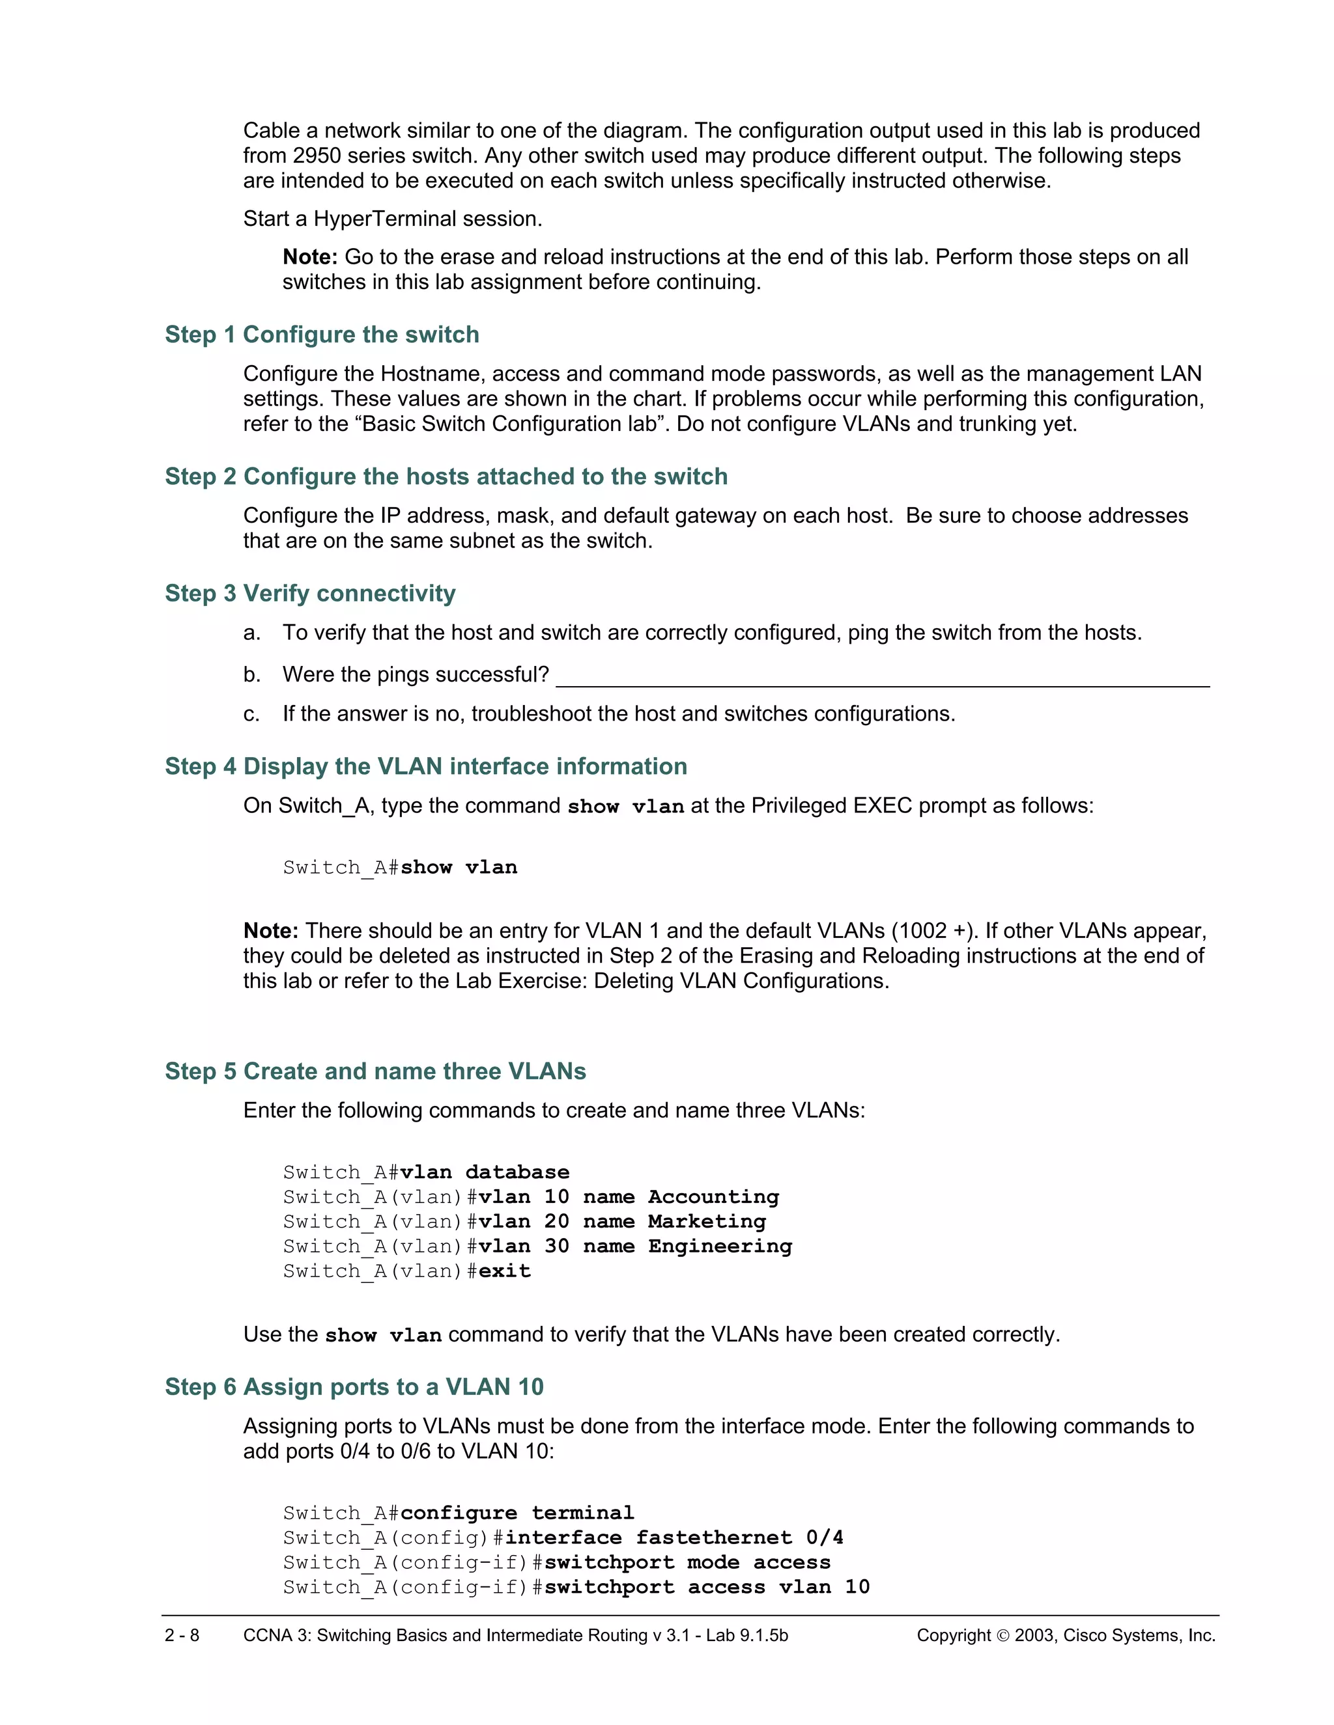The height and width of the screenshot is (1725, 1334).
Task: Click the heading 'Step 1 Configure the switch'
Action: (x=322, y=335)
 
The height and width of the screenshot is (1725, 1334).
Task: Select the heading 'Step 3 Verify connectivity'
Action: (x=310, y=593)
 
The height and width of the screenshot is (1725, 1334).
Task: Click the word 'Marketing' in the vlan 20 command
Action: (x=707, y=1221)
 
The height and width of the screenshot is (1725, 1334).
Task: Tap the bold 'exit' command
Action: (x=504, y=1271)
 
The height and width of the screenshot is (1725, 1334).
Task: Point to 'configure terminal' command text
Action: (x=517, y=1513)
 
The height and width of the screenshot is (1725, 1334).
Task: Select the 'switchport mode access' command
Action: (x=687, y=1562)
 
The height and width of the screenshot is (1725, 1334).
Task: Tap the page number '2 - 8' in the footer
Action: (x=182, y=1635)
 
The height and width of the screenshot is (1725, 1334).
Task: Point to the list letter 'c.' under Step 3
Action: (x=251, y=714)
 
